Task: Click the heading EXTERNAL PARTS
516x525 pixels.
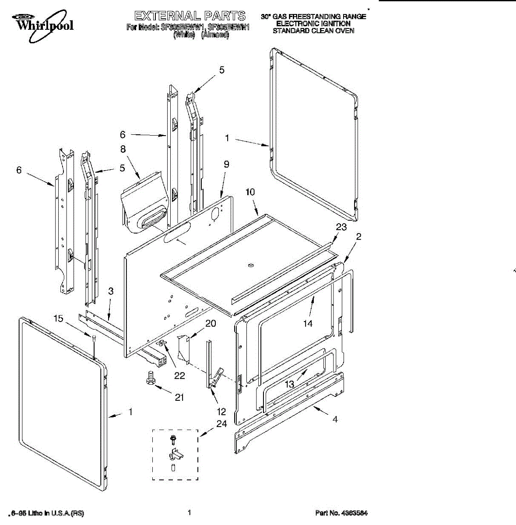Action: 190,16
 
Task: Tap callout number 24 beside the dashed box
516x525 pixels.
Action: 221,423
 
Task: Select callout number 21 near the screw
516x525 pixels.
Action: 179,397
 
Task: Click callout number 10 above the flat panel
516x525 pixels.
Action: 250,192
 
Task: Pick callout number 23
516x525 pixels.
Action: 341,227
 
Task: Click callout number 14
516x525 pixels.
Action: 308,323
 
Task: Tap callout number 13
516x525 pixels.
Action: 289,385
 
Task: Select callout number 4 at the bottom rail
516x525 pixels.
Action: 335,419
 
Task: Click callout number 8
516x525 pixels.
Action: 123,149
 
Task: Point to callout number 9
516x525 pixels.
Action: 226,164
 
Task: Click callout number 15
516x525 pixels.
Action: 58,318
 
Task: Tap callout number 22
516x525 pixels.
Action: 179,375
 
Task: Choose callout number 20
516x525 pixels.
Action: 211,323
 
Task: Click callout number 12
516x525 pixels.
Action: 221,412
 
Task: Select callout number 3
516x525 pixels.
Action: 111,291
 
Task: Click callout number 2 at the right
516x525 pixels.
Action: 358,237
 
